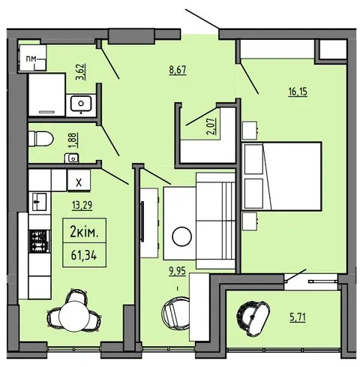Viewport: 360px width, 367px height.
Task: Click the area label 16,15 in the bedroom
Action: point(298,92)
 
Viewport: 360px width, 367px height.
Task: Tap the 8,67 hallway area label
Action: point(178,70)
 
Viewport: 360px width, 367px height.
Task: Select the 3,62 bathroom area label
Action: point(81,72)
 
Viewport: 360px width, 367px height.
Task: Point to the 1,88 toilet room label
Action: point(74,140)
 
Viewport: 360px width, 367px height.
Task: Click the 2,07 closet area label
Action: point(211,126)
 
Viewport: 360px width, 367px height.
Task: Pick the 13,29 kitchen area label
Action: point(82,205)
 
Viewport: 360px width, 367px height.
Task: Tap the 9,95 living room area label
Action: point(178,271)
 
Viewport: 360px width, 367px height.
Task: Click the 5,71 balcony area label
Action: point(298,317)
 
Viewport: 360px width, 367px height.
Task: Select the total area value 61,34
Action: point(84,256)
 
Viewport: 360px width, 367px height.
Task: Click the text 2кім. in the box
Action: point(84,233)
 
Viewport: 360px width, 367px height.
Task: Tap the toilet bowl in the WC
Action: point(41,138)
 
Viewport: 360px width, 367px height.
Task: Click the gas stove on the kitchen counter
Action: point(40,241)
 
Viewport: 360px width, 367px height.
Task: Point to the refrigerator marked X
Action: point(79,180)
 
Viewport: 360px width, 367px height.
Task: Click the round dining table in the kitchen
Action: point(74,316)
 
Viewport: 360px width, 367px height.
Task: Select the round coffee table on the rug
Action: point(181,236)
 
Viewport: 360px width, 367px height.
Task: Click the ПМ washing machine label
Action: point(31,59)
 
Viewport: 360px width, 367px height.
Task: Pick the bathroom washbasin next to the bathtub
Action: point(81,104)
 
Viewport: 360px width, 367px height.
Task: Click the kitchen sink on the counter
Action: point(40,201)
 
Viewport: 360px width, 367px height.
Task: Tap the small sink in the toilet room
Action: point(72,158)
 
